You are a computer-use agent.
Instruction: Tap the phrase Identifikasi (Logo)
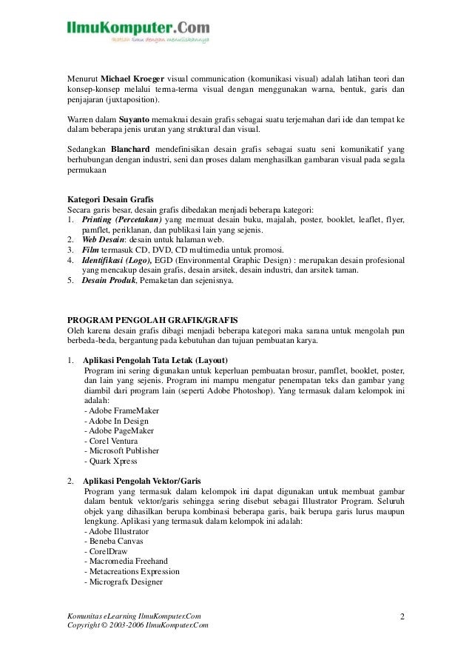pyautogui.click(x=117, y=260)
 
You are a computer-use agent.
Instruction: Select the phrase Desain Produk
pyautogui.click(x=109, y=281)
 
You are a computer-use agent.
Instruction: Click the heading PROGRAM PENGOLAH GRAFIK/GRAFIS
pyautogui.click(x=152, y=321)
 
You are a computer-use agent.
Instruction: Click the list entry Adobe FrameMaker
pyautogui.click(x=122, y=410)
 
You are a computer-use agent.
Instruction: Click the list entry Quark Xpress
pyautogui.click(x=111, y=461)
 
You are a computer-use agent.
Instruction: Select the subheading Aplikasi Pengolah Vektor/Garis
pyautogui.click(x=142, y=480)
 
